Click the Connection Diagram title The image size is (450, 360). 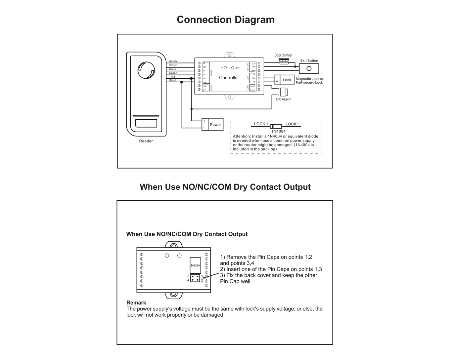pyautogui.click(x=225, y=20)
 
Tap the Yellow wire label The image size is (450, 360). pyautogui.click(x=173, y=61)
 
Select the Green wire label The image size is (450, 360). pyautogui.click(x=173, y=73)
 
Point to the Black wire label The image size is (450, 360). pyautogui.click(x=173, y=81)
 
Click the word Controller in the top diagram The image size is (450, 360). pyautogui.click(x=229, y=78)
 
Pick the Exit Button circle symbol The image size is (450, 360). pyautogui.click(x=309, y=69)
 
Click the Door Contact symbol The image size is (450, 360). pyautogui.click(x=283, y=61)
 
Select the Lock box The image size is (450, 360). pyautogui.click(x=287, y=80)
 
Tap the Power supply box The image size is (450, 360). pyautogui.click(x=215, y=125)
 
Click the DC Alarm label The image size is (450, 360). pyautogui.click(x=284, y=99)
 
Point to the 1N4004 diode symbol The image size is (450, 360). pyautogui.click(x=276, y=126)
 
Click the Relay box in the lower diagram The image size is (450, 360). pyautogui.click(x=195, y=265)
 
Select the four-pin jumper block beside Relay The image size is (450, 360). pyautogui.click(x=195, y=278)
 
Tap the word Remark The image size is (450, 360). pyautogui.click(x=136, y=303)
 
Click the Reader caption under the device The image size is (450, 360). pyautogui.click(x=146, y=141)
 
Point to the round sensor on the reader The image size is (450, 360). pyautogui.click(x=146, y=70)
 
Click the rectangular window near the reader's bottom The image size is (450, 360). pyautogui.click(x=146, y=123)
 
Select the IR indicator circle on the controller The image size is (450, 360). pyautogui.click(x=225, y=68)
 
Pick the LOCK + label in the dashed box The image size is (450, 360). pyautogui.click(x=261, y=124)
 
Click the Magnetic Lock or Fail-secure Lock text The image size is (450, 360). pyautogui.click(x=309, y=81)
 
